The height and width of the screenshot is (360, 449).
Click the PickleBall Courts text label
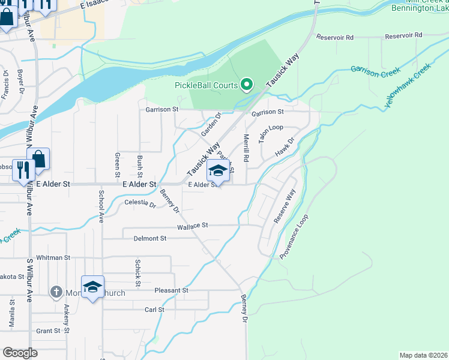point(206,85)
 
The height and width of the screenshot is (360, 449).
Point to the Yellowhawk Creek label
point(408,86)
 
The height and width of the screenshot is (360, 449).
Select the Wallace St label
point(192,226)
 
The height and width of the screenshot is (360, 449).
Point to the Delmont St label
point(150,238)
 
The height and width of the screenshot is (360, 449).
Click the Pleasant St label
point(172,290)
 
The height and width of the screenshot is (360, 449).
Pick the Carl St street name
point(154,310)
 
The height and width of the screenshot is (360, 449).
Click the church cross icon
point(56,292)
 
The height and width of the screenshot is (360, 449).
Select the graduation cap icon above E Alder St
point(218,171)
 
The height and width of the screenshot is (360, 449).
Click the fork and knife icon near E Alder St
point(24,169)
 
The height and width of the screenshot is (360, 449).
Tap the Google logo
point(20,353)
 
